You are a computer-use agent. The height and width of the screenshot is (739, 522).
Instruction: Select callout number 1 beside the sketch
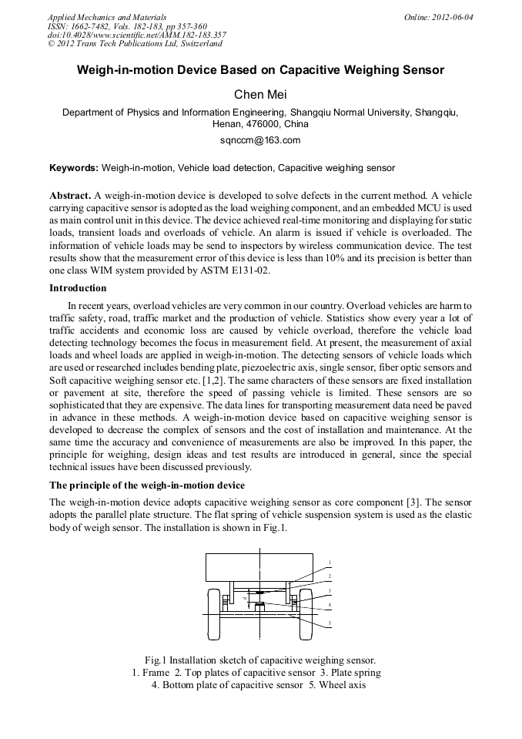point(330,562)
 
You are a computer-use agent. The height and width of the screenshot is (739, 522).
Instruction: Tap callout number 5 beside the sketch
point(330,623)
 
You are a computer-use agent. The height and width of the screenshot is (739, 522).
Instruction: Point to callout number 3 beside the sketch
point(330,591)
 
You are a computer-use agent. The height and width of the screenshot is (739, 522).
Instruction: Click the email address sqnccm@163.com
point(260,140)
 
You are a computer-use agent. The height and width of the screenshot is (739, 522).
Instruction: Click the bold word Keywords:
point(74,168)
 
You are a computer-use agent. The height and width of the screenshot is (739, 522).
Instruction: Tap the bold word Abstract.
point(70,196)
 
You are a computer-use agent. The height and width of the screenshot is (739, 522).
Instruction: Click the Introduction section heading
point(78,288)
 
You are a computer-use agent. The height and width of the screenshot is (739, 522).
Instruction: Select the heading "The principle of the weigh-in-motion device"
point(147,485)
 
